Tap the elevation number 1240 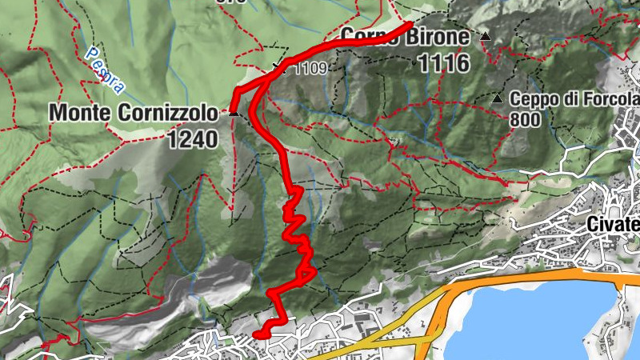[193, 140]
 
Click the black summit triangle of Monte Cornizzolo [234, 113]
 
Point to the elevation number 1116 [442, 64]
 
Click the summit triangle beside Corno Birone [485, 36]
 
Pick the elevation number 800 [525, 120]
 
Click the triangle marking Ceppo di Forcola [498, 99]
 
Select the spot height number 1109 [310, 68]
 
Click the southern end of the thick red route [256, 334]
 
